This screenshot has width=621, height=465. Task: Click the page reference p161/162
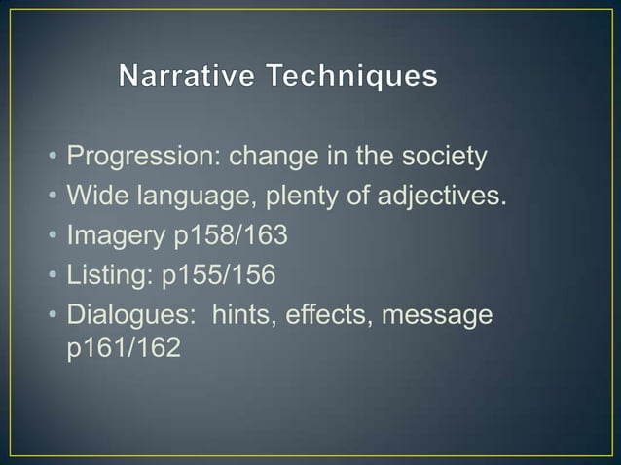[123, 349]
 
